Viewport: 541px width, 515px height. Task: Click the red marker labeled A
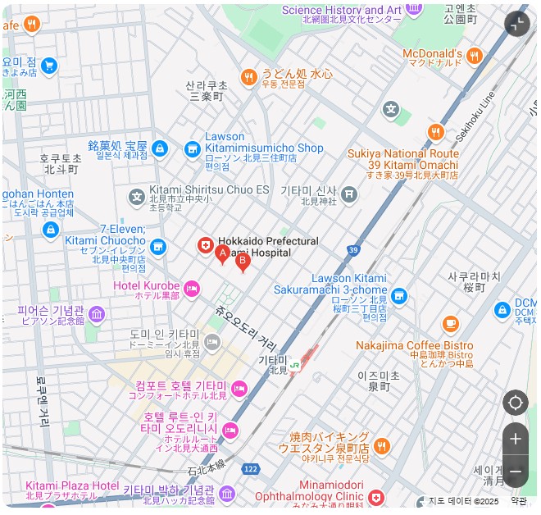221,254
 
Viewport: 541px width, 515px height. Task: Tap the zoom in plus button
515,439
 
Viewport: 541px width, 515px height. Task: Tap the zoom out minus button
515,472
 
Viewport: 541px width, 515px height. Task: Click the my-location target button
515,403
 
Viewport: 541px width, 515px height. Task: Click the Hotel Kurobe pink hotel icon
192,287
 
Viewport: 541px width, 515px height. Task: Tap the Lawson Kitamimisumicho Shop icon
193,148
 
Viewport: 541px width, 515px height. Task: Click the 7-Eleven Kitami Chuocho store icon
157,246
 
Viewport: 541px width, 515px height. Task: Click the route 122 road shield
250,467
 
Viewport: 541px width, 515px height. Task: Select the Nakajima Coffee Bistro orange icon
450,324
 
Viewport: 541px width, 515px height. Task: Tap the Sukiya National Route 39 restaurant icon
435,132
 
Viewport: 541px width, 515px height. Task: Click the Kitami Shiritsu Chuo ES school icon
136,196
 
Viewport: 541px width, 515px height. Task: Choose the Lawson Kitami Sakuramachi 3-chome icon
399,296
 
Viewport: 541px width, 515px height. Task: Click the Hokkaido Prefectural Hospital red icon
205,245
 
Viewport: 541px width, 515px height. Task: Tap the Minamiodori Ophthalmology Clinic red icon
375,498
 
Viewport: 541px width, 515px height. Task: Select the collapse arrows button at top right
516,24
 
